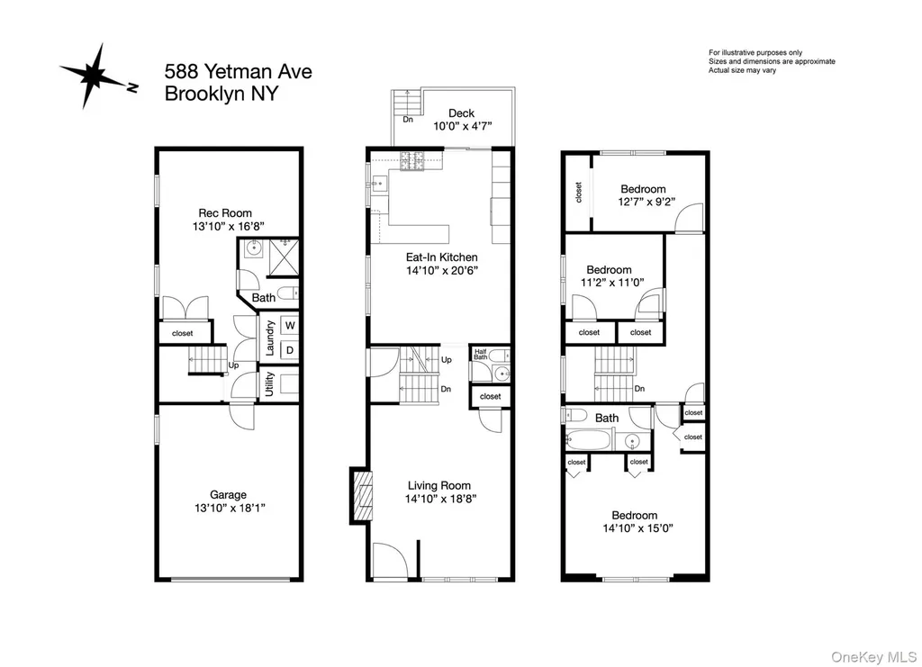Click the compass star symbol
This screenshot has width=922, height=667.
[93, 76]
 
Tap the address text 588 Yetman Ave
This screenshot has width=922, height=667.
[238, 72]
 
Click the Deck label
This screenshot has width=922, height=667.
[462, 113]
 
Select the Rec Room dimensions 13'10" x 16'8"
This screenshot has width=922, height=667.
[229, 226]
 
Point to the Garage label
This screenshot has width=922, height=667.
[228, 495]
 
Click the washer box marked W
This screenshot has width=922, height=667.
[290, 326]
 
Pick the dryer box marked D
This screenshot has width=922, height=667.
[290, 350]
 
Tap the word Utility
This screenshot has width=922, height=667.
[269, 384]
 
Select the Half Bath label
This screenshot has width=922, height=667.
[481, 355]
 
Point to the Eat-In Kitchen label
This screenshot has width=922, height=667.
[441, 257]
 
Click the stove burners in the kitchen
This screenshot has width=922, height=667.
[412, 161]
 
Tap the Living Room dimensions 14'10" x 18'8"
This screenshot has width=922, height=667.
[440, 499]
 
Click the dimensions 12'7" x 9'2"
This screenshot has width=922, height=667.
[646, 202]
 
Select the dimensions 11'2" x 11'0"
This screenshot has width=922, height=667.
[612, 282]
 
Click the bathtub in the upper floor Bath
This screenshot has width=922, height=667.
[589, 439]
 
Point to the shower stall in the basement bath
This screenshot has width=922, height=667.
[284, 257]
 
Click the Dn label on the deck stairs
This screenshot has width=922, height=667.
[408, 120]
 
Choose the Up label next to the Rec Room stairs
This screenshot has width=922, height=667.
[233, 365]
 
